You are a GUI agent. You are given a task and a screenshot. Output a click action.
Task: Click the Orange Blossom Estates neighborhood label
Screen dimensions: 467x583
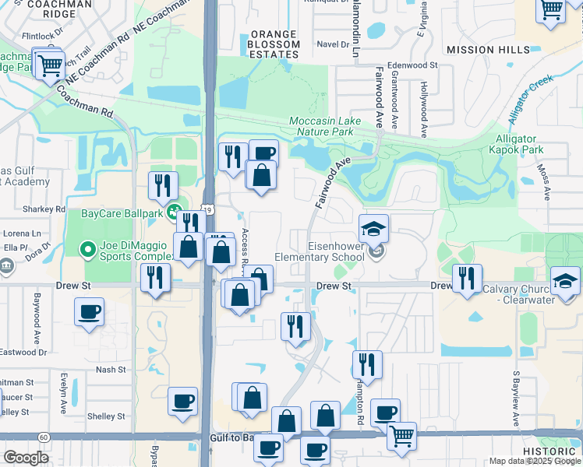pos(274,44)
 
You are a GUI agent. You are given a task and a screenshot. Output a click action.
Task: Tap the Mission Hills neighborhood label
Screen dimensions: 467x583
pos(482,50)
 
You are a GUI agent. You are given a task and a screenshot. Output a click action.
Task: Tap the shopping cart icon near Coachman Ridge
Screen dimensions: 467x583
pos(50,65)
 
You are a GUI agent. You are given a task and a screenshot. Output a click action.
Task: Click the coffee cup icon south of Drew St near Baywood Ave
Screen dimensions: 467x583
pos(89,313)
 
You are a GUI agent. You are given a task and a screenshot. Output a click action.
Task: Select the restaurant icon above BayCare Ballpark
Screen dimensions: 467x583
pos(163,185)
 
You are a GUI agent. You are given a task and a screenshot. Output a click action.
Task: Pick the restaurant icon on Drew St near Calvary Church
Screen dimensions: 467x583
pos(467,278)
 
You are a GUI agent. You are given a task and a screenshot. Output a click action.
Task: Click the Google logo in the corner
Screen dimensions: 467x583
pos(26,458)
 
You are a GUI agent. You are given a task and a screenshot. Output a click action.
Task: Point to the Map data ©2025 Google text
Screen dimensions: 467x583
pos(535,461)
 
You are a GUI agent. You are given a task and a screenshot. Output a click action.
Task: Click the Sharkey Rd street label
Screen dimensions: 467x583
pos(44,209)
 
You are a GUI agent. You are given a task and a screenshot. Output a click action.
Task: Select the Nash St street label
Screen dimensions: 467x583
pos(110,370)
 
